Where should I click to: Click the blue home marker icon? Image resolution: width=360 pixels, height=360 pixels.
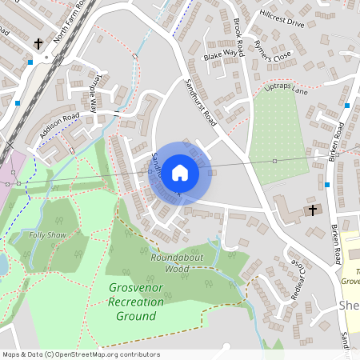click(x=180, y=172)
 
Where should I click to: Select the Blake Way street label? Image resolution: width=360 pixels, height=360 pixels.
click(x=221, y=54)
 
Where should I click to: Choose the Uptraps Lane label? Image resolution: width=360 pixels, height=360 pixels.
click(x=286, y=91)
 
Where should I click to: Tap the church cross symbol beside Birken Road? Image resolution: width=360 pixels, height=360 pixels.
click(x=312, y=210)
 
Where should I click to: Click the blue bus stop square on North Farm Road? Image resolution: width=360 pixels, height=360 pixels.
click(x=30, y=62)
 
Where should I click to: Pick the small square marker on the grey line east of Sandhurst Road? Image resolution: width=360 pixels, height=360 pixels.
click(x=274, y=161)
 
